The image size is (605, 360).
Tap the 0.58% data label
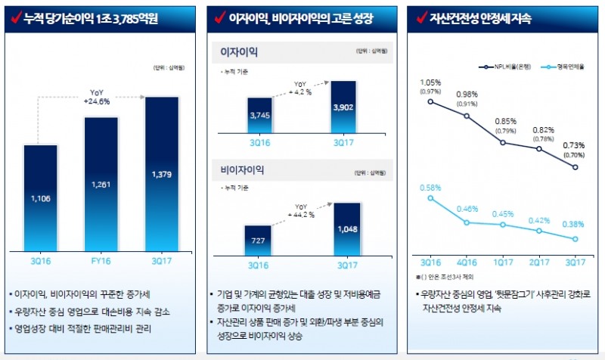pyautogui.click(x=430, y=187)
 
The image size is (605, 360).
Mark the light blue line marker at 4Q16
pyautogui.click(x=467, y=222)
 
